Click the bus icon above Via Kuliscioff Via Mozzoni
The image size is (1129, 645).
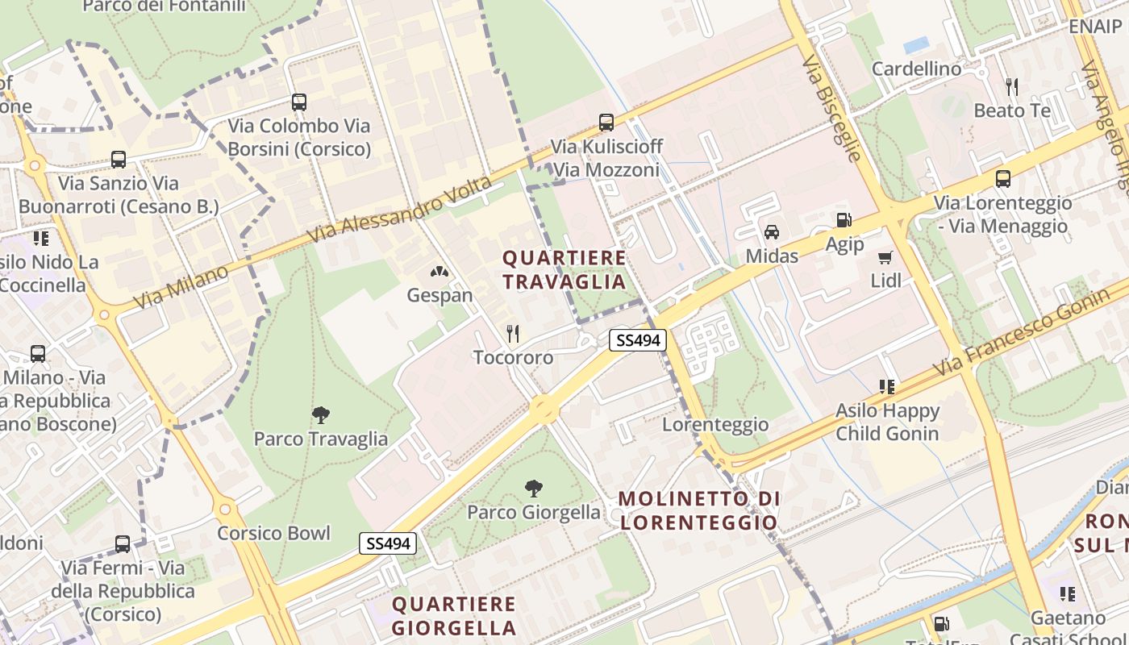coord(606,123)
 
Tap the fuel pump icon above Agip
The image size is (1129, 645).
coord(844,219)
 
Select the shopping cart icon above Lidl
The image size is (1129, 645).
coord(885,258)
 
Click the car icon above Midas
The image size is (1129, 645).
coord(772,232)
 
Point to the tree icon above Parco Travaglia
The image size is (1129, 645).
coord(321,415)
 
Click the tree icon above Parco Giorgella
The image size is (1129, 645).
coord(533,488)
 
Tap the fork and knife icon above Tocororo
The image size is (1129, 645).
coord(513,333)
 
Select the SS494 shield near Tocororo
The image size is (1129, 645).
coord(637,340)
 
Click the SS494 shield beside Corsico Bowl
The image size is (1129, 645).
coord(389,543)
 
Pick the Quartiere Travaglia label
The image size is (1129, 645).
coord(564,269)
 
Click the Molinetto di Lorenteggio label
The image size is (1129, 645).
coord(700,510)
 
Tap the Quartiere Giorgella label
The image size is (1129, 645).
coord(454,615)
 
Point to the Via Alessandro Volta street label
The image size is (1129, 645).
coord(401,210)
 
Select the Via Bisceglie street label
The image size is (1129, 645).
coord(831,107)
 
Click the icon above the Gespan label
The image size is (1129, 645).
coord(440,273)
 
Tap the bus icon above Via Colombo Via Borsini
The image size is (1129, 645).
coord(299,102)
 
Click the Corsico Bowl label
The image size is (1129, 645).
coord(273,533)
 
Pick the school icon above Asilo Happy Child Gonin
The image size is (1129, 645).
coord(887,387)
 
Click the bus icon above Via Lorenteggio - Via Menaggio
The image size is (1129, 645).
coord(1002,179)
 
